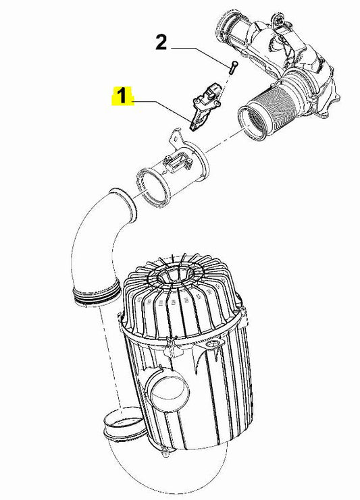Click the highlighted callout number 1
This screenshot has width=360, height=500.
122,96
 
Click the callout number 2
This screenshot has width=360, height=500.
161,43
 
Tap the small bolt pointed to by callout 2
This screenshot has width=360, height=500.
232,67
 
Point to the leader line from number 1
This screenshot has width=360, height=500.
161,111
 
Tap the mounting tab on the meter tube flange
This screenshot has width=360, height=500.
174,137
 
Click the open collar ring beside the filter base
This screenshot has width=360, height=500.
124,424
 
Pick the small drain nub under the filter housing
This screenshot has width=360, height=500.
165,453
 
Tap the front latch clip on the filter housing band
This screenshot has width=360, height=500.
172,345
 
